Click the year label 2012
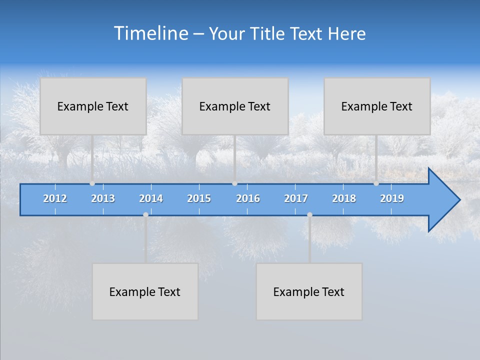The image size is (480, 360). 55,198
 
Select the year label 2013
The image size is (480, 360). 103,198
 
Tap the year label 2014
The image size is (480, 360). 151,198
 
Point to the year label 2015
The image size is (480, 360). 199,198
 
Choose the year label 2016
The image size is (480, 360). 248,198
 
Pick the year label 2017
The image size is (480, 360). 296,198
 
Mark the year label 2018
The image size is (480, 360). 344,198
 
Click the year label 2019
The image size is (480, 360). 392,198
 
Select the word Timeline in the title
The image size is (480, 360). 150,33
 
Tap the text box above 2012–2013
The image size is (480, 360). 93,106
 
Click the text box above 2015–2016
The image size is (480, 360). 235,106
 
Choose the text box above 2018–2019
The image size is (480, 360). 377,106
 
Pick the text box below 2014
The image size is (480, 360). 145,291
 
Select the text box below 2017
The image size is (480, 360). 309,291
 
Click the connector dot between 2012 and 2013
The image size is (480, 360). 92,183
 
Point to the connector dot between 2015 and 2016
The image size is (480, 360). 234,183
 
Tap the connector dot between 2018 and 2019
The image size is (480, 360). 376,183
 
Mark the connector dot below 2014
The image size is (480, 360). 145,214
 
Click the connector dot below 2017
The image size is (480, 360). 309,214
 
